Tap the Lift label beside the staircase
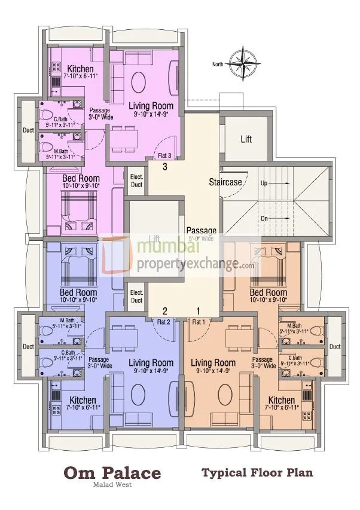coord(246,139)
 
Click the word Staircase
coord(225,181)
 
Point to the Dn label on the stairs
coord(264,219)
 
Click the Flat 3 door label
coord(165,156)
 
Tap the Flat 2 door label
coord(164,322)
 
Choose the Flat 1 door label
coord(198,322)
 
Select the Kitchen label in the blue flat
coord(81,400)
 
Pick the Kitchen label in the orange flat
coord(281,400)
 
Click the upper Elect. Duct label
coord(136,181)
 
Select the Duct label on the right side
coord(334,346)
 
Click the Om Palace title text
coord(112,474)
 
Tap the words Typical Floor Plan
coord(257,473)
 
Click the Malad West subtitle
coord(112,485)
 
